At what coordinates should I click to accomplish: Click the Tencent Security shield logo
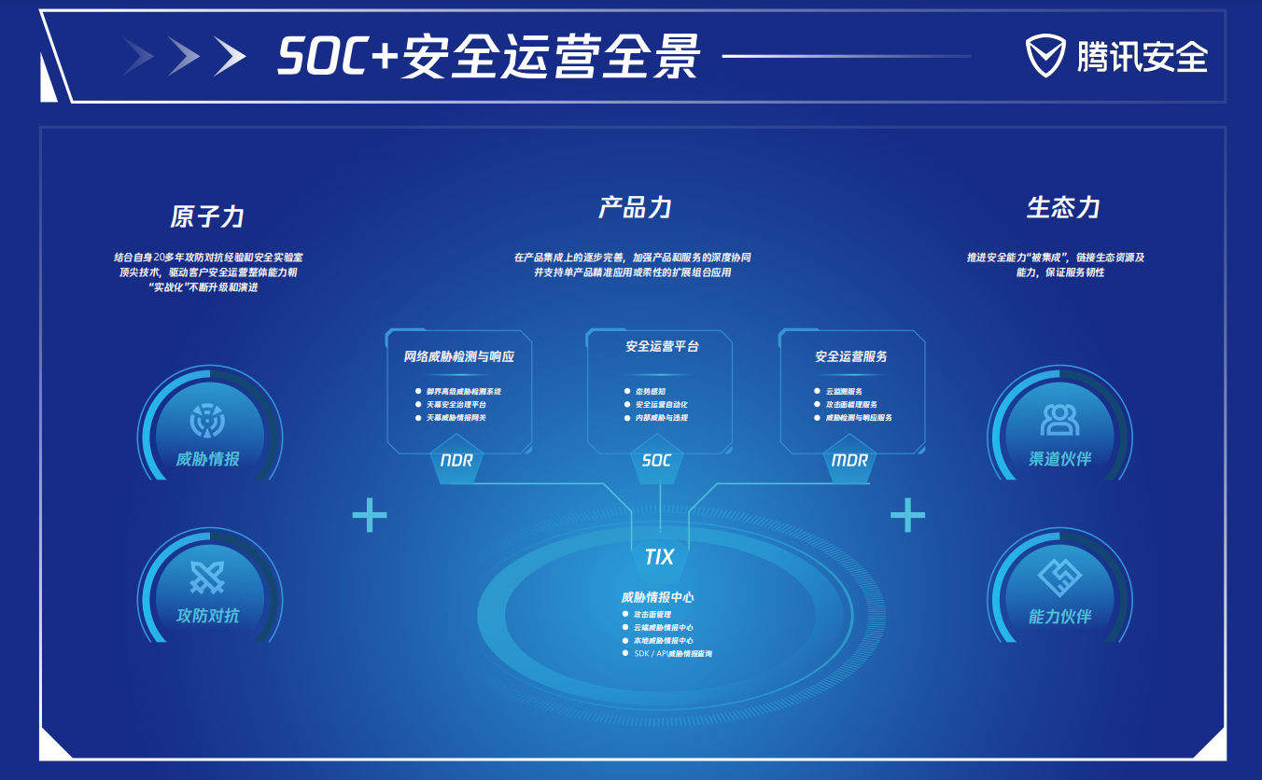1045,56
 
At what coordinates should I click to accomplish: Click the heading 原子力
207,216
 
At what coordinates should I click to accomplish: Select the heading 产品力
635,207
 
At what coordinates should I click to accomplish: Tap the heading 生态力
1062,207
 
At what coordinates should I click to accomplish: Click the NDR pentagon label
456,461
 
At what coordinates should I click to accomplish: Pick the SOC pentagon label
656,461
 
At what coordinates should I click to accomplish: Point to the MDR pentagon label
849,461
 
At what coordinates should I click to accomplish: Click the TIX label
659,557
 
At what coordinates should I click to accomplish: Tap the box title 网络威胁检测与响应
459,356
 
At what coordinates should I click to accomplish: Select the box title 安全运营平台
662,346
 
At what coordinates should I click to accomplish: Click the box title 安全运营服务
850,356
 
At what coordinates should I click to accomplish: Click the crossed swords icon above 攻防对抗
207,578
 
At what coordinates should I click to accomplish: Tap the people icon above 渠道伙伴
1059,419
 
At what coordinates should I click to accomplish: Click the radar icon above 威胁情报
207,421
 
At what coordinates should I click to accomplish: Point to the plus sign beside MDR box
907,514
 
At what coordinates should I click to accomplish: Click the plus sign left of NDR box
370,514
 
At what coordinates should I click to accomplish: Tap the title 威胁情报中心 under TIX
657,597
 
